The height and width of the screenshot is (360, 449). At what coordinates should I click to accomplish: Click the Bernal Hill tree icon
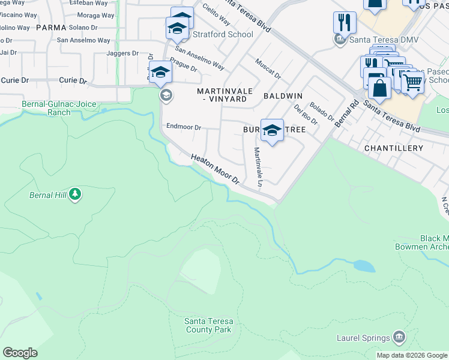(74, 194)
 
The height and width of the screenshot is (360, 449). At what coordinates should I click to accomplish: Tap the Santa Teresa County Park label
(208, 325)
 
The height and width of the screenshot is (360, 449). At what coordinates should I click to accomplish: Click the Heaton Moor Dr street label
(215, 169)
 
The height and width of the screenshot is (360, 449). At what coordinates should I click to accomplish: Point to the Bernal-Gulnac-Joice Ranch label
(59, 108)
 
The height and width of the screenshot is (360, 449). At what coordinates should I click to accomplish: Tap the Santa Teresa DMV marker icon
(340, 39)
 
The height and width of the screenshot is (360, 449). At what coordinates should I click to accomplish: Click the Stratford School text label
(223, 34)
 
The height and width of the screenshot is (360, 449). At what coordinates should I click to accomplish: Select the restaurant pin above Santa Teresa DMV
(345, 23)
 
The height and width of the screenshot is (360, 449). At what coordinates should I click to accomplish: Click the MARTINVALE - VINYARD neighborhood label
(222, 94)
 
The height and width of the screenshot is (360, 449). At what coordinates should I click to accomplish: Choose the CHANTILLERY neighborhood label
(393, 148)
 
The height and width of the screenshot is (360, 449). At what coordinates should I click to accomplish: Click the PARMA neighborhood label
(50, 28)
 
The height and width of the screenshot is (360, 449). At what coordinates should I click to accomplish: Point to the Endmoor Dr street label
(184, 127)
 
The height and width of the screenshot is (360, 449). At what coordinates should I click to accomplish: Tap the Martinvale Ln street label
(258, 166)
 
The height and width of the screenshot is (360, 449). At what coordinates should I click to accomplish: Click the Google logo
(20, 353)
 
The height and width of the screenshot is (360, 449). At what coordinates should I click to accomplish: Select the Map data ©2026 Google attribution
(412, 355)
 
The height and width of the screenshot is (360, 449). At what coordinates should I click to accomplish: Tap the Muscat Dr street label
(268, 67)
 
